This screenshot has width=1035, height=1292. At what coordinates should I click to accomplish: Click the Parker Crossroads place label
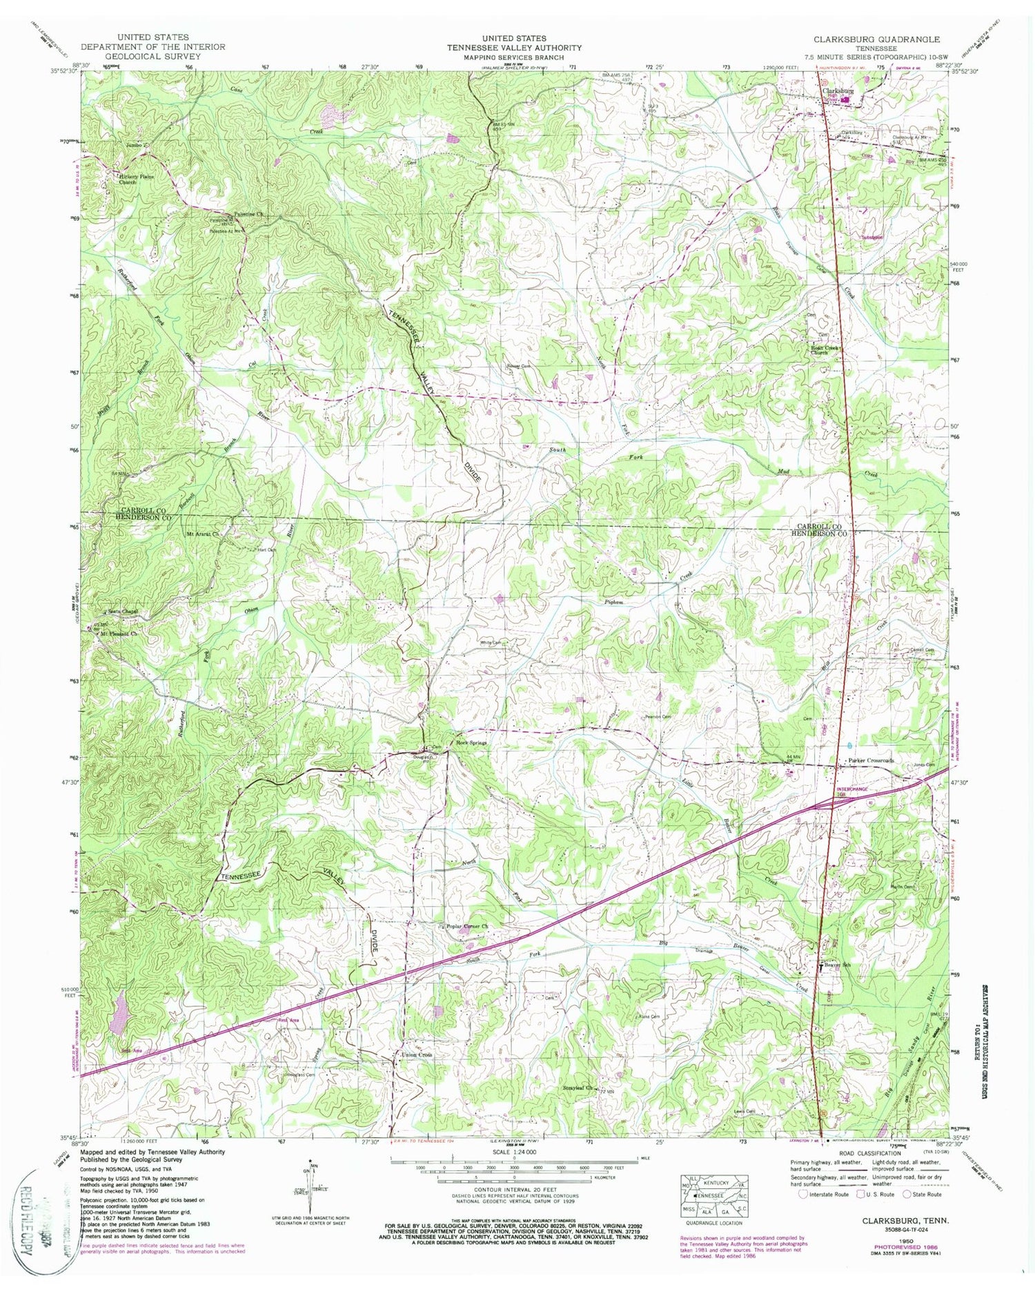tap(871, 760)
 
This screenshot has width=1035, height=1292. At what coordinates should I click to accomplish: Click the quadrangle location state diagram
tap(714, 1197)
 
